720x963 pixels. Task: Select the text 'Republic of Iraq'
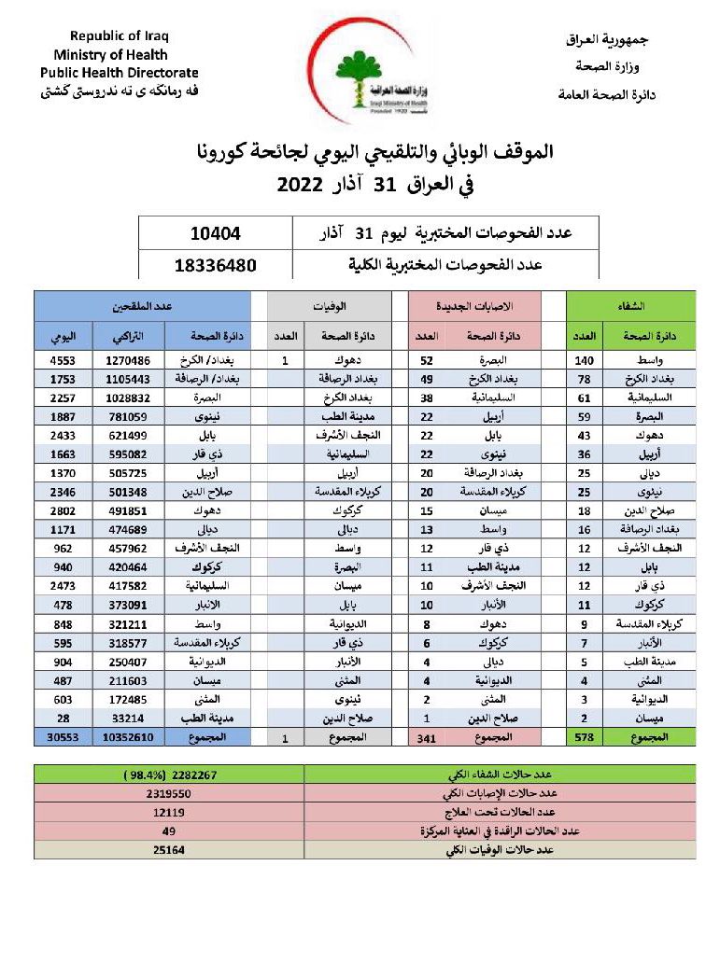click(x=119, y=36)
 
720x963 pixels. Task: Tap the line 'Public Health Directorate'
click(x=120, y=73)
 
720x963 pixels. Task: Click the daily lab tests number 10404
click(x=215, y=232)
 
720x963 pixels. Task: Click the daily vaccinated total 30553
click(x=64, y=737)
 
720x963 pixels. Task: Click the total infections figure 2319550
click(x=169, y=793)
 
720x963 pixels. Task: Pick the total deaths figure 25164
click(x=169, y=849)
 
